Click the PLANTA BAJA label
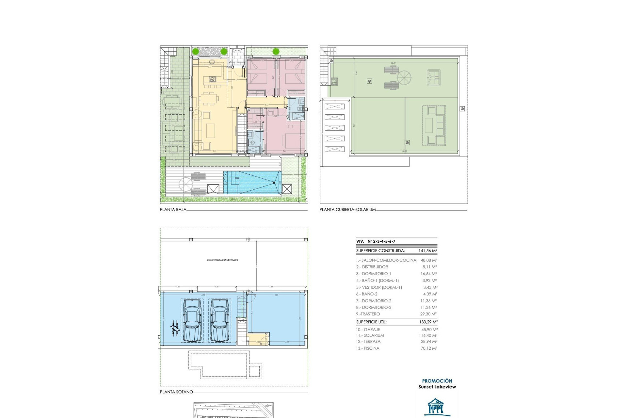(173, 210)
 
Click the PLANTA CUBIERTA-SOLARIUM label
(347, 210)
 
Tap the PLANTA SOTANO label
(176, 392)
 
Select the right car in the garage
(219, 321)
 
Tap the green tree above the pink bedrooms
(276, 51)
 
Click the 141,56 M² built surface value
(427, 251)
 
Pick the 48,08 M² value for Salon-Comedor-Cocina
(429, 260)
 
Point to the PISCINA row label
(368, 348)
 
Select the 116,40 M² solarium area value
(429, 335)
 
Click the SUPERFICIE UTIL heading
(371, 322)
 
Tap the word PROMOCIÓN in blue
(437, 381)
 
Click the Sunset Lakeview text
(437, 387)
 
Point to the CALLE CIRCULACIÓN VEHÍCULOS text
(222, 260)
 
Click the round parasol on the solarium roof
(404, 78)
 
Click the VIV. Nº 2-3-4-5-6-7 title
(376, 241)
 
